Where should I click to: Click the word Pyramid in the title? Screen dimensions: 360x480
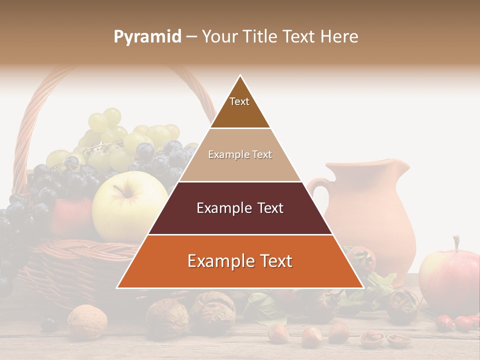(x=147, y=37)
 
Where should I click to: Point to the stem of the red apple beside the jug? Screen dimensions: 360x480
(x=455, y=243)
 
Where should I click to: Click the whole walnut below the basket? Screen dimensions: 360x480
(x=87, y=320)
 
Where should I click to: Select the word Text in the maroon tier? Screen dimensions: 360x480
(x=267, y=208)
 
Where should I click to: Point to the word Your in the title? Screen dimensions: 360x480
(x=219, y=36)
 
